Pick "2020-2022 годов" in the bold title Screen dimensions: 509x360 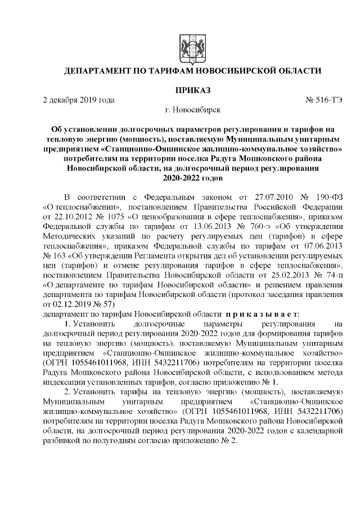[x=193, y=179]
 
